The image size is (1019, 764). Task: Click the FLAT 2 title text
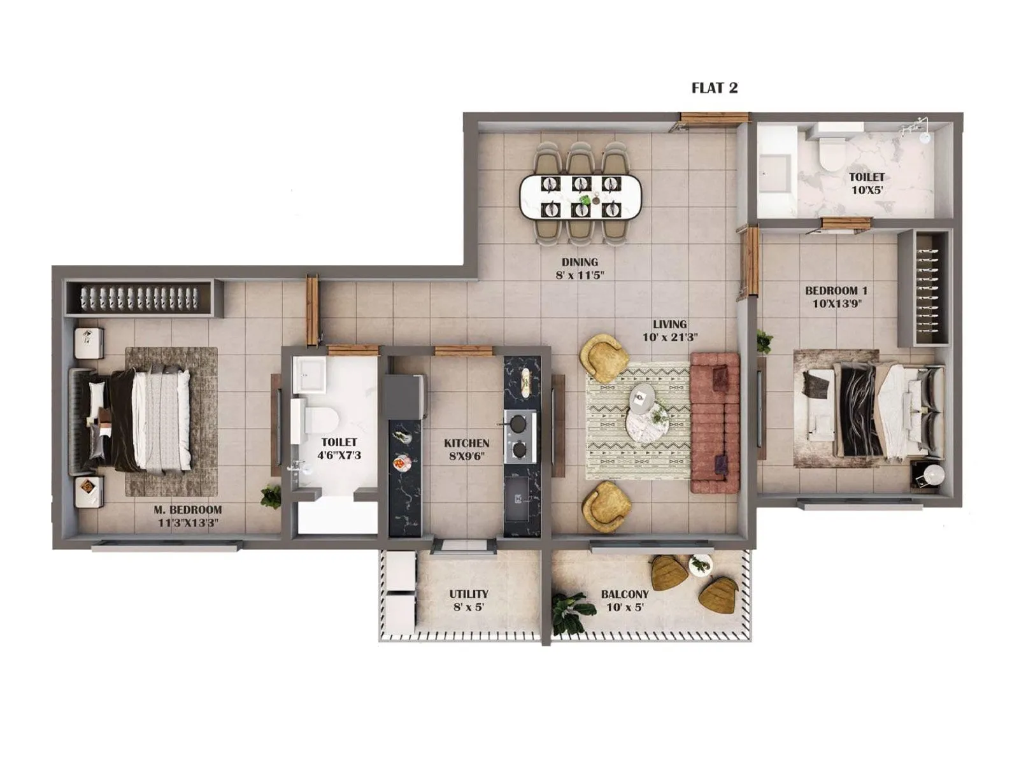pyautogui.click(x=714, y=88)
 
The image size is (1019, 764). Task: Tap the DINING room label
pyautogui.click(x=580, y=262)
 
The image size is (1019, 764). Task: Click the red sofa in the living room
pyautogui.click(x=715, y=423)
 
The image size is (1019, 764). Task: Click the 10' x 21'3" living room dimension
pyautogui.click(x=669, y=337)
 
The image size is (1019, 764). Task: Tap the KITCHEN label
pyautogui.click(x=466, y=443)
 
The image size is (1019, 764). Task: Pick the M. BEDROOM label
pyautogui.click(x=188, y=510)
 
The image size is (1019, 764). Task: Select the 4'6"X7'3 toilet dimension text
pyautogui.click(x=339, y=455)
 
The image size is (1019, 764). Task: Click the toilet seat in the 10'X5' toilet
pyautogui.click(x=830, y=153)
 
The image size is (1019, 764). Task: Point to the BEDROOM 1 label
pyautogui.click(x=836, y=290)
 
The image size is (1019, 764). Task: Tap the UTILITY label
pyautogui.click(x=468, y=593)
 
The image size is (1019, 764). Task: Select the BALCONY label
pyautogui.click(x=624, y=593)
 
